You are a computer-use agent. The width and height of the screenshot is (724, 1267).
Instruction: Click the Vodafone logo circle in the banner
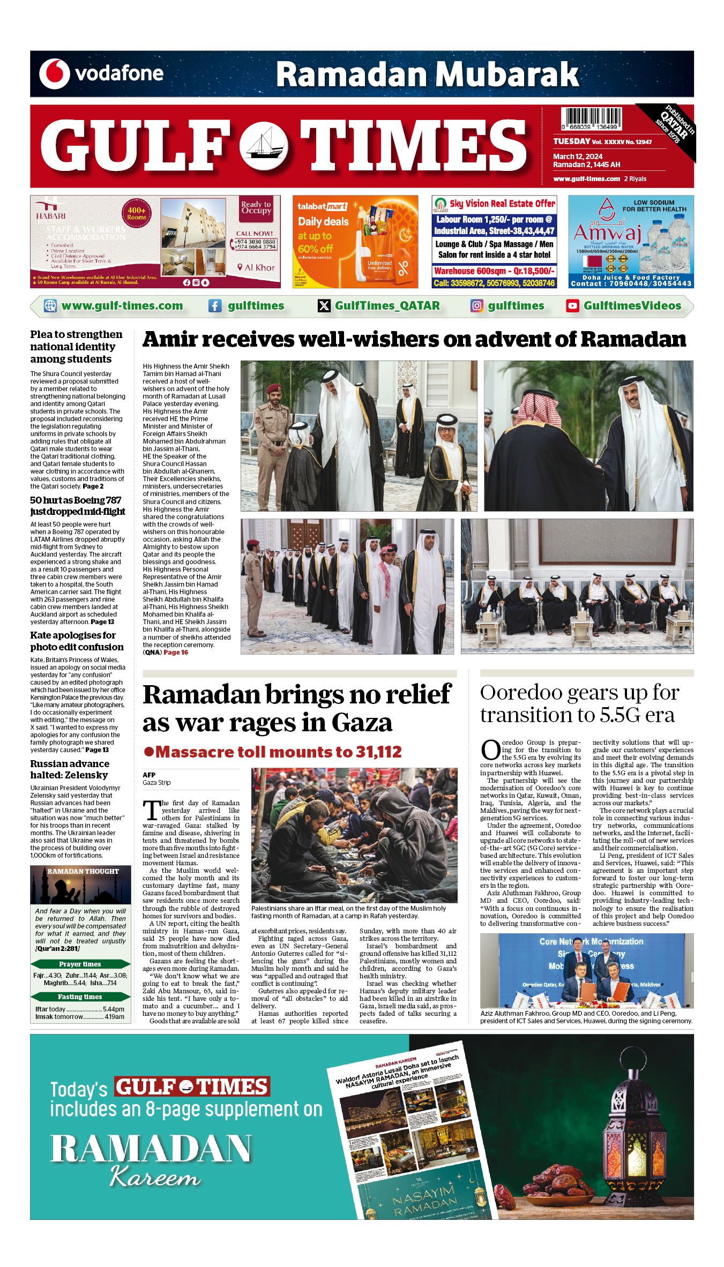55,74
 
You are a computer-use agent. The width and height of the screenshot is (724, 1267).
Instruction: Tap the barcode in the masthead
591,118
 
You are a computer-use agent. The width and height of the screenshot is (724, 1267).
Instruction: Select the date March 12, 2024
578,156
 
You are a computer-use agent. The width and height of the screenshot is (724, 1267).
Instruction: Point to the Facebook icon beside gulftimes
215,306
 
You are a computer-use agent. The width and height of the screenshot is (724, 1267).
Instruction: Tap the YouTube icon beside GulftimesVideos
572,306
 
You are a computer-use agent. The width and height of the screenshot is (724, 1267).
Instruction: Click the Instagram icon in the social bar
476,306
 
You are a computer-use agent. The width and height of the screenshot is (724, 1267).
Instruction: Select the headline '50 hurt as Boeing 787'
76,500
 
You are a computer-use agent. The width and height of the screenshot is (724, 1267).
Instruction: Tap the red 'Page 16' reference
176,653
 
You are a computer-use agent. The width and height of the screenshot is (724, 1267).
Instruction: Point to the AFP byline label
149,775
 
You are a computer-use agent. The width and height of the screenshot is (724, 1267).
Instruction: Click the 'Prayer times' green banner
80,964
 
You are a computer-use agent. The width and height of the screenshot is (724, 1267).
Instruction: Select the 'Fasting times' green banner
80,996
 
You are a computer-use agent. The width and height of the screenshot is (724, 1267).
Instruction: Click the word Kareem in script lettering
155,1178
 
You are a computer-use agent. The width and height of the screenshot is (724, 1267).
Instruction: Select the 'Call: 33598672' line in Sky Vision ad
494,283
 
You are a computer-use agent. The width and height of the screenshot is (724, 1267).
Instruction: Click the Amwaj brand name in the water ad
607,233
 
